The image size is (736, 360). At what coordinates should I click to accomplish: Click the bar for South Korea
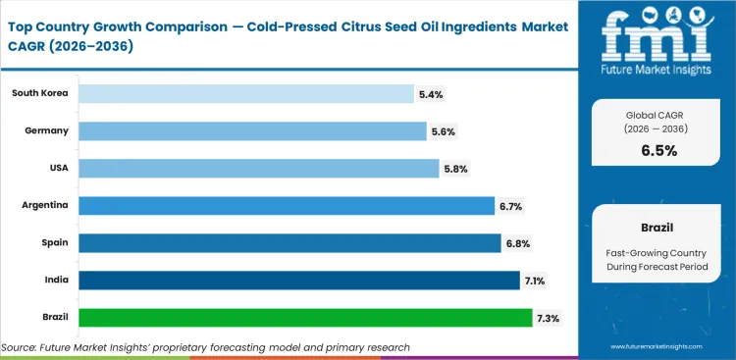(245, 93)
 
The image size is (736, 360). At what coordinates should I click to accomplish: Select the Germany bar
(251, 130)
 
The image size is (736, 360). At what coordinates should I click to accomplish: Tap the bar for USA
(257, 168)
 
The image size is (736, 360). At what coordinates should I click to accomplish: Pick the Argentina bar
(286, 205)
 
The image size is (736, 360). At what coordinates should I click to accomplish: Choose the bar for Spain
(289, 242)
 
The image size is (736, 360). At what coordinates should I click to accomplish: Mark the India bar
(298, 281)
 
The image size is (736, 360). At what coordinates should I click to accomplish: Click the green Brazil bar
(304, 318)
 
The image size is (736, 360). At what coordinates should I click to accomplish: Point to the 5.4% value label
(431, 94)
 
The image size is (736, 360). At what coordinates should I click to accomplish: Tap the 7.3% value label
(549, 318)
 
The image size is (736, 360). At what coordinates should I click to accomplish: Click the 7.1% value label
(536, 281)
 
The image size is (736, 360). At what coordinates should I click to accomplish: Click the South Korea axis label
(39, 93)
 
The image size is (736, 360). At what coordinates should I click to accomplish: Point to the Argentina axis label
(44, 205)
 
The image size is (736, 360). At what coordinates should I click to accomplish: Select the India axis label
(55, 281)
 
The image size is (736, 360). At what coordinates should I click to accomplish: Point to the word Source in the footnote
(20, 347)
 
